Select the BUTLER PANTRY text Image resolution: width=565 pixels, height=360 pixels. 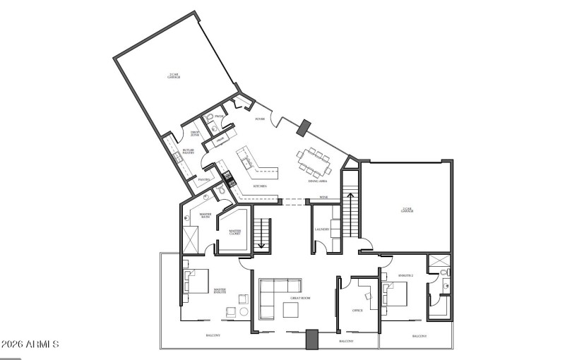[188, 151]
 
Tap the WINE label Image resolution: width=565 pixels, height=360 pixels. [323, 197]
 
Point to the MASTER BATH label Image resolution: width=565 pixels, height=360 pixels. [206, 216]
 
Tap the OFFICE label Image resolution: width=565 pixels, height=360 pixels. [357, 309]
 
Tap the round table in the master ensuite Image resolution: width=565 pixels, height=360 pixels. [244, 311]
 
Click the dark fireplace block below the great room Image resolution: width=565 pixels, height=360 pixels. [311, 340]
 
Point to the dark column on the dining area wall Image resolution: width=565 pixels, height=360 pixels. [304, 128]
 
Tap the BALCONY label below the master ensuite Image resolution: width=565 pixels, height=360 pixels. [213, 335]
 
